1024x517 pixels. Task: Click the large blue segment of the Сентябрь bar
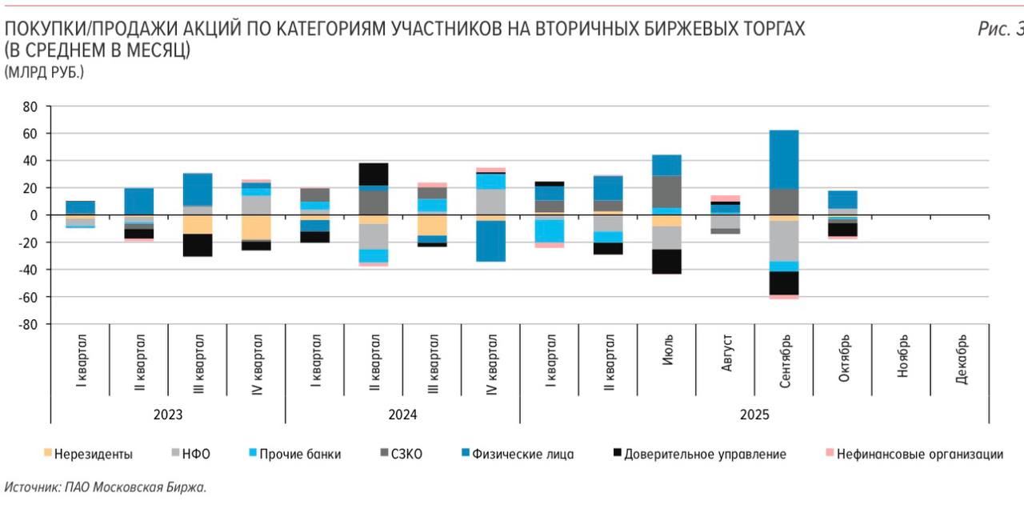[785, 159]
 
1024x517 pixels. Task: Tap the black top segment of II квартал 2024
[374, 174]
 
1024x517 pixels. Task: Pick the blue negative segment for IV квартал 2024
[491, 241]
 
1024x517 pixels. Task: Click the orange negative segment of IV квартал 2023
[256, 227]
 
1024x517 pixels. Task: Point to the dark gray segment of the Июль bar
[667, 191]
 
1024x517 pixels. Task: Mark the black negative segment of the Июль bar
[667, 262]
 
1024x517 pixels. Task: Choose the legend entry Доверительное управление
[705, 454]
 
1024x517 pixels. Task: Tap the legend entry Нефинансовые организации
[919, 454]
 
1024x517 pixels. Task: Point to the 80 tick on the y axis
[30, 106]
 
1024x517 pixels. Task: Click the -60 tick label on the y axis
[28, 297]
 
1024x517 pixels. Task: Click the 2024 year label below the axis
[402, 415]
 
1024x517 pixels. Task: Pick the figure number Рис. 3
[999, 30]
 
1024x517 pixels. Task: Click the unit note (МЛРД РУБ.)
[44, 72]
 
